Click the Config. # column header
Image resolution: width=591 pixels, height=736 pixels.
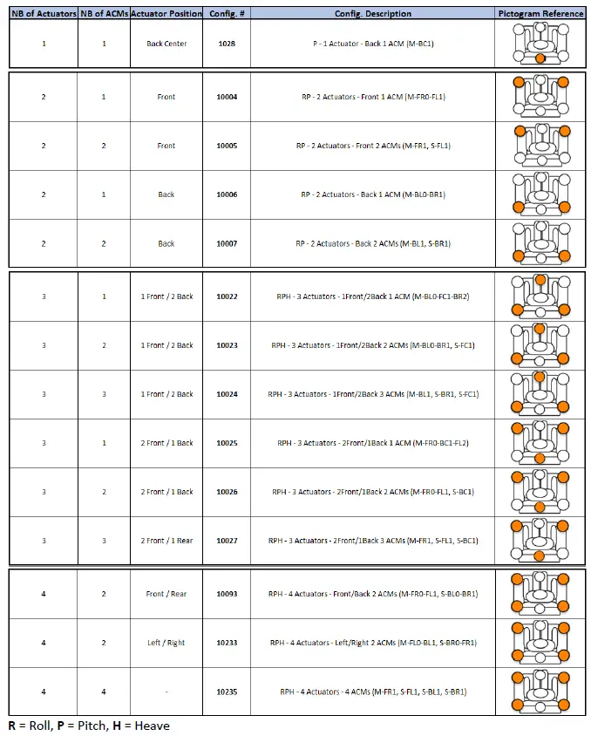point(227,14)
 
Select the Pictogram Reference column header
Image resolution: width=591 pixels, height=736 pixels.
point(540,14)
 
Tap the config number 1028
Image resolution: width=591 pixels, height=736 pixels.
point(227,44)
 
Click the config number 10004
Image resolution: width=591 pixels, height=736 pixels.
point(227,97)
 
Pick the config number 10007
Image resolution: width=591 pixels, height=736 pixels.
point(227,243)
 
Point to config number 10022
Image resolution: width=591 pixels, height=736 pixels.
point(227,296)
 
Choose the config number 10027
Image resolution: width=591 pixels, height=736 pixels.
point(227,541)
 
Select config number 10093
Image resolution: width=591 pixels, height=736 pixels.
point(227,594)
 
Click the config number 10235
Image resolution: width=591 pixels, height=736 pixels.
point(227,692)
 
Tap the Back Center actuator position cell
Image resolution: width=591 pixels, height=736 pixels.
point(166,44)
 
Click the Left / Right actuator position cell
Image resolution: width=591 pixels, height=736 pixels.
point(166,643)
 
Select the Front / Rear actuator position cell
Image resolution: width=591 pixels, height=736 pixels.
point(166,594)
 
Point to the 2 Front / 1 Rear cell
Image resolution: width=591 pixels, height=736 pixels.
point(166,541)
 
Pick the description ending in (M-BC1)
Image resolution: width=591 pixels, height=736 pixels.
point(373,44)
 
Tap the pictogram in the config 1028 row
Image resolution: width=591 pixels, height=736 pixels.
point(540,44)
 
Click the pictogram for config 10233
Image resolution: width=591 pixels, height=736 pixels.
point(540,643)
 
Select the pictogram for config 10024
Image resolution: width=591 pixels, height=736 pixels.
point(540,394)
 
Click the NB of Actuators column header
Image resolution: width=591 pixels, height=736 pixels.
point(44,14)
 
